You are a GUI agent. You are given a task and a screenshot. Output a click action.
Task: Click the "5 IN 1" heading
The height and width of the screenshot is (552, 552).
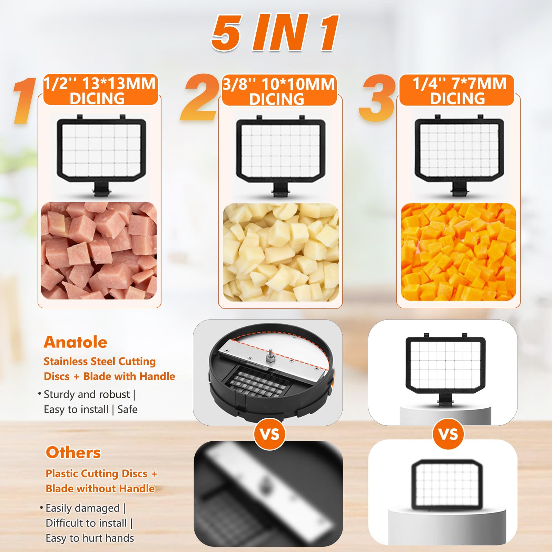275,33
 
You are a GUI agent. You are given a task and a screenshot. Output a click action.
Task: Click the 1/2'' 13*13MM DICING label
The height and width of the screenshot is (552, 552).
100,90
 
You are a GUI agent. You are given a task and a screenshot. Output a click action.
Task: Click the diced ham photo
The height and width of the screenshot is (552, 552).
99,251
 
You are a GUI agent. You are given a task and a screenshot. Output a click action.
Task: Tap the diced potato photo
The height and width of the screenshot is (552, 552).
280,252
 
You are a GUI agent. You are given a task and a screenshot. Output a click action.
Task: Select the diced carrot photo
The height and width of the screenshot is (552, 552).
458,252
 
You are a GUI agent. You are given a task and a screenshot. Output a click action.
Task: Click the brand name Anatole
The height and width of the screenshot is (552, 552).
76,342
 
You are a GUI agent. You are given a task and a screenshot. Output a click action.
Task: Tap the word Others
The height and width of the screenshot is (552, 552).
73,453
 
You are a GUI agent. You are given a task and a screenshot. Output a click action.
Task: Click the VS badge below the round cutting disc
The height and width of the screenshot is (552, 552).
269,434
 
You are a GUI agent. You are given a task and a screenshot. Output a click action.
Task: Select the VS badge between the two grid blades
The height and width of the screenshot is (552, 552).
448,434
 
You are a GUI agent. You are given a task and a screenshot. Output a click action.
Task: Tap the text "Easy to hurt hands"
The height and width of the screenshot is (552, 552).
90,538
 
